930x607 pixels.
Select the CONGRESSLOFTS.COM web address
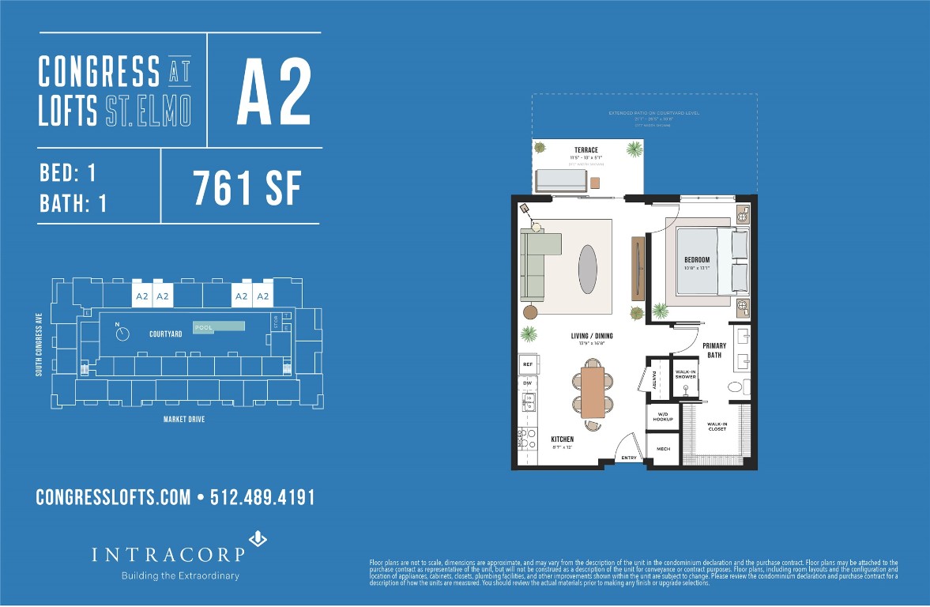click(113, 497)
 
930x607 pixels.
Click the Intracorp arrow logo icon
click(258, 540)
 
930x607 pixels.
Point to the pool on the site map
click(219, 326)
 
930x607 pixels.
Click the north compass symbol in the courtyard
click(122, 334)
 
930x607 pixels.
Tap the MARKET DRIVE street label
click(183, 420)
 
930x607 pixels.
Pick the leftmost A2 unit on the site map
click(142, 296)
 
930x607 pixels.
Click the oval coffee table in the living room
click(588, 269)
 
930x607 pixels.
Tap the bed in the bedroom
click(703, 260)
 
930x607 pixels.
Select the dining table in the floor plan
click(593, 388)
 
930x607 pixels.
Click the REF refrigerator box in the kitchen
click(527, 364)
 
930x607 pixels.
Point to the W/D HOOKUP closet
click(662, 417)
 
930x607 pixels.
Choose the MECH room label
click(663, 449)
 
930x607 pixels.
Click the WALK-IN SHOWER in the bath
click(685, 375)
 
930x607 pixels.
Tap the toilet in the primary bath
click(735, 387)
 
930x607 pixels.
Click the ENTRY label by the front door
click(629, 458)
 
